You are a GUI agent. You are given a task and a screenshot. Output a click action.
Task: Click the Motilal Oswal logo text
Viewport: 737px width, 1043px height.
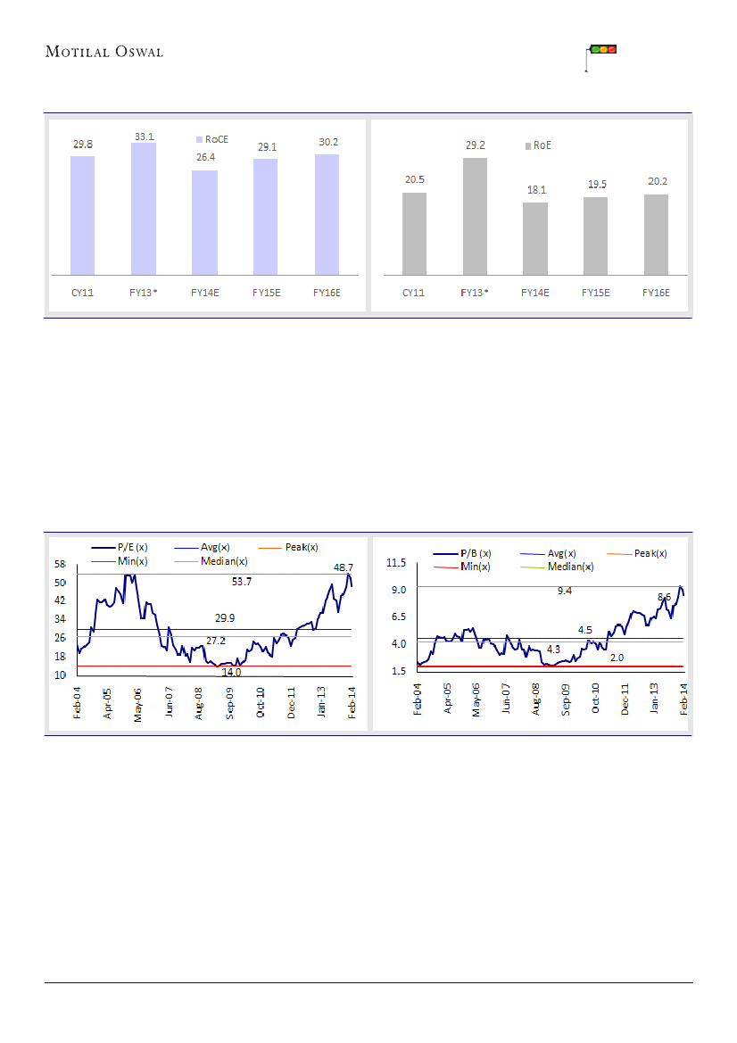pos(104,52)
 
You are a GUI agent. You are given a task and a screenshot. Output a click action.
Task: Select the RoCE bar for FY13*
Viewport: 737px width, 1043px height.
pos(144,208)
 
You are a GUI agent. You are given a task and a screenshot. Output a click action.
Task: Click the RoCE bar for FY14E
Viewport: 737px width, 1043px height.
pos(204,222)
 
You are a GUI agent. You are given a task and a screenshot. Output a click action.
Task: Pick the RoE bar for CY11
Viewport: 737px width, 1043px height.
pos(414,233)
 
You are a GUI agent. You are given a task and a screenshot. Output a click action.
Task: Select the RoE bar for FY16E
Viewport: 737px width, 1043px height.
pos(657,234)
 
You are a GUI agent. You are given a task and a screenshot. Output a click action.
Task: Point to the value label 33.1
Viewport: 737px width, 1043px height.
pos(144,137)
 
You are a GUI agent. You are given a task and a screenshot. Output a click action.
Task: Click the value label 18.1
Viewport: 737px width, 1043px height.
pos(535,190)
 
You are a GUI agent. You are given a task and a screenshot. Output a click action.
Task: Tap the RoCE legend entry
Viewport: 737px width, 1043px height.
pos(211,140)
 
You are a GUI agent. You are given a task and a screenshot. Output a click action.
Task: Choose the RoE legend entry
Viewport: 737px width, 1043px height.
pos(537,145)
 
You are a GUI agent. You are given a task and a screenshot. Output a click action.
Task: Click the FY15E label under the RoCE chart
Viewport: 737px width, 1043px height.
pos(266,292)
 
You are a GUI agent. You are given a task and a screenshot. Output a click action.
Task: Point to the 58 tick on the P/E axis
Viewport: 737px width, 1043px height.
pos(60,564)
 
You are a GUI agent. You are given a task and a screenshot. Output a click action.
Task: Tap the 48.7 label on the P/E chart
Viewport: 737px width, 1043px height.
pos(344,567)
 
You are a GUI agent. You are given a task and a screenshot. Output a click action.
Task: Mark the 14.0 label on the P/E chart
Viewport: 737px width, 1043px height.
pos(231,673)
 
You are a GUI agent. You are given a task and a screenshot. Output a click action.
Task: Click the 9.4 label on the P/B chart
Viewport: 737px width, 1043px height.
pos(564,591)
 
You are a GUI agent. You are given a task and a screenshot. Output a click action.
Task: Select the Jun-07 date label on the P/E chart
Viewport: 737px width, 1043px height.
pos(169,701)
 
